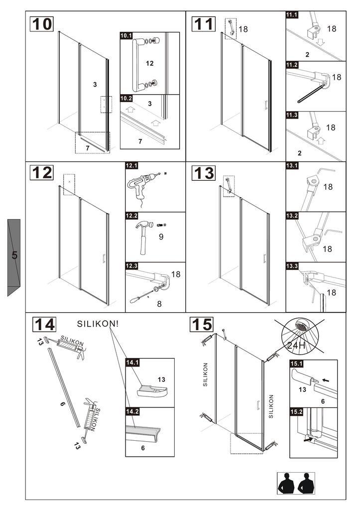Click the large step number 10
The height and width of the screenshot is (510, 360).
42,24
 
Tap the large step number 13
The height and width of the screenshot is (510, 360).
203,173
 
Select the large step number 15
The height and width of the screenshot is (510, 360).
202,325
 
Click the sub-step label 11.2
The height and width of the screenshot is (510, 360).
292,65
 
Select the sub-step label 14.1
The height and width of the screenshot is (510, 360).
132,362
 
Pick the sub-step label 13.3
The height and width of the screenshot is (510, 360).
292,266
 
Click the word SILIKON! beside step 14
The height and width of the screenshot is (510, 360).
98,323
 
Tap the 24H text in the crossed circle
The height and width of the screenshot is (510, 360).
297,345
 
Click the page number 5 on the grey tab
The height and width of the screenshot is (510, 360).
14,255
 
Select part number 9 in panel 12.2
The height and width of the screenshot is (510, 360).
161,237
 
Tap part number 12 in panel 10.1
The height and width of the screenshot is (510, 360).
150,63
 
